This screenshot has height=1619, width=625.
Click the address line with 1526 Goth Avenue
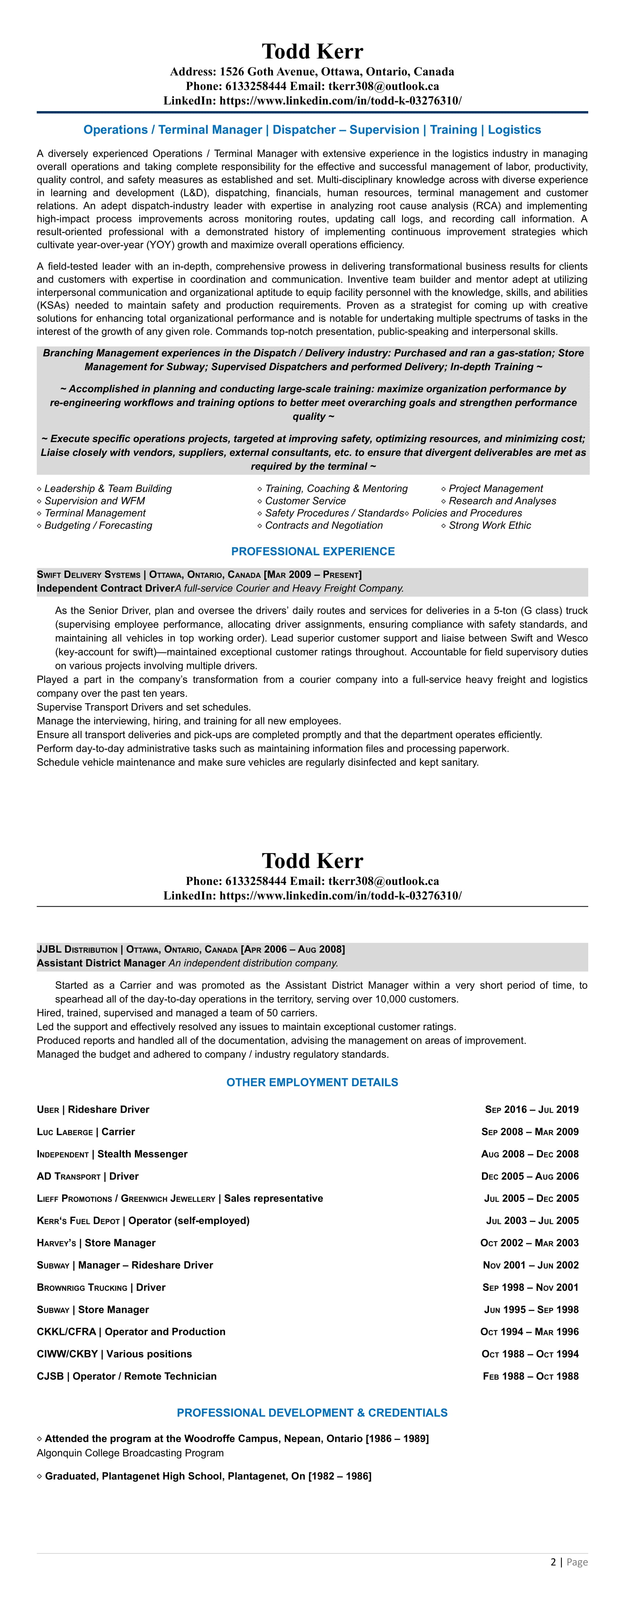point(312,72)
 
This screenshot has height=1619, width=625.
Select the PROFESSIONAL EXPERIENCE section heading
point(313,551)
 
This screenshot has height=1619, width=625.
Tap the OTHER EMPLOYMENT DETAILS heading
point(312,1082)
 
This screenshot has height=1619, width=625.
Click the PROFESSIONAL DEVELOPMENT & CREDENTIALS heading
point(312,1413)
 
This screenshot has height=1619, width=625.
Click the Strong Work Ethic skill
point(489,525)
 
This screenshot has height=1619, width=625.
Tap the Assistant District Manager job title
point(100,963)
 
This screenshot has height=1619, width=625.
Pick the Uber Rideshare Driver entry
point(93,1109)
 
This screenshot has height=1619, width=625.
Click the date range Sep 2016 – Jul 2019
point(531,1109)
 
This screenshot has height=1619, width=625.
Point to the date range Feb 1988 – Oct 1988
point(531,1377)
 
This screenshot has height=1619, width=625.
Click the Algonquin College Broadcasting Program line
point(130,1453)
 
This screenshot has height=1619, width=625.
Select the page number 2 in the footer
point(553,1562)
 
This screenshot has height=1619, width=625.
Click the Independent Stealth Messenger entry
point(112,1154)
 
